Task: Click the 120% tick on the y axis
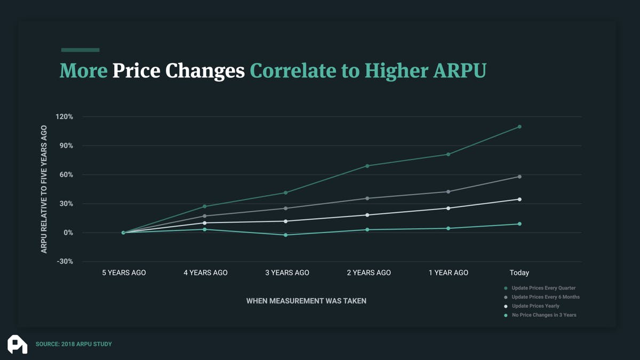click(64, 117)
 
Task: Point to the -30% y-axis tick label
click(64, 262)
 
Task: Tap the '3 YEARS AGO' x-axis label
click(287, 273)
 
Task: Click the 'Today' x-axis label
click(519, 273)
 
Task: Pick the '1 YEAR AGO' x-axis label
click(448, 273)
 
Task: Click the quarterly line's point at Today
click(519, 127)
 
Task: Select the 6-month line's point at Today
click(519, 177)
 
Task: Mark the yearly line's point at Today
click(519, 199)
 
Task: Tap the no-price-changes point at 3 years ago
click(286, 235)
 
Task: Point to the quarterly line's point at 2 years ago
click(367, 166)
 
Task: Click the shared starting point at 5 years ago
click(123, 233)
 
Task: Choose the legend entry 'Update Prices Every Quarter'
click(543, 288)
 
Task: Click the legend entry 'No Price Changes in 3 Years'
click(543, 315)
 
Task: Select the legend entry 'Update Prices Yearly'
click(535, 306)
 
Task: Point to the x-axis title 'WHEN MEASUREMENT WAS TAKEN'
click(306, 301)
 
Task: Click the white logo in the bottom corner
click(17, 344)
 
